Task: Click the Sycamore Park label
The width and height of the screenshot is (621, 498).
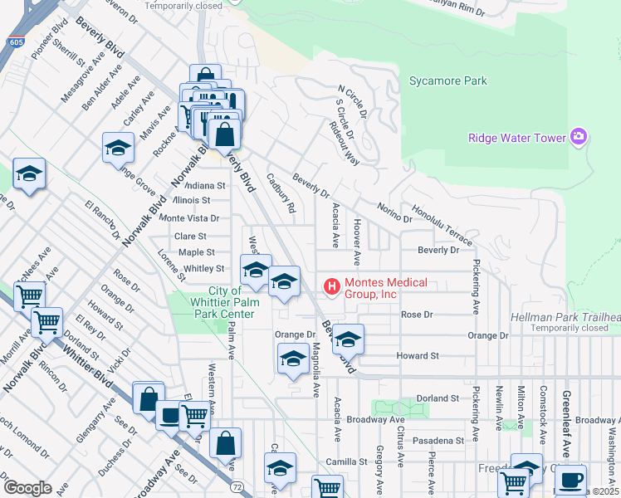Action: pos(448,81)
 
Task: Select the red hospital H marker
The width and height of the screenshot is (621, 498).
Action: pos(332,287)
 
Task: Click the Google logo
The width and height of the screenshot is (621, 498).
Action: pos(27,487)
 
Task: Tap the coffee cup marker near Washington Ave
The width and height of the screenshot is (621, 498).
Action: pos(570,479)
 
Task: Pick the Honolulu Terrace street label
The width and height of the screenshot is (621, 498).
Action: pos(443,227)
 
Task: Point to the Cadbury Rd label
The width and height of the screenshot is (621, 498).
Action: pos(281,193)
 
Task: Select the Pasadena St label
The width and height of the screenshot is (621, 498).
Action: pos(442,440)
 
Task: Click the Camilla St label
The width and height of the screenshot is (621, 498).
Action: pos(347,461)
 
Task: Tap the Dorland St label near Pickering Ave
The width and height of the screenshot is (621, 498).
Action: pos(438,398)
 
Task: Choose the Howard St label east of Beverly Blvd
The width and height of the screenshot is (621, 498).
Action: pos(417,356)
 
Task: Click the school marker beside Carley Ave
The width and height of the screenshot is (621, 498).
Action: pos(118,148)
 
